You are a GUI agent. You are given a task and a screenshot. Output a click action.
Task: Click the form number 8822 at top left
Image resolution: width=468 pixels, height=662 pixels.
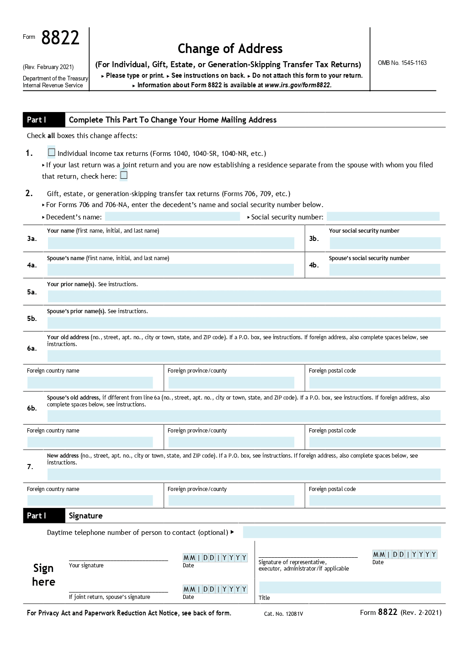[x=60, y=38]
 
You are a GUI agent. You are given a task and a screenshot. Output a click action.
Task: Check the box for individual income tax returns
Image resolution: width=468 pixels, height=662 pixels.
[x=52, y=152]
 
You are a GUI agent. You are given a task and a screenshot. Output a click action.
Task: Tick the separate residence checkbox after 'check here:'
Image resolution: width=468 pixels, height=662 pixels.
[x=124, y=176]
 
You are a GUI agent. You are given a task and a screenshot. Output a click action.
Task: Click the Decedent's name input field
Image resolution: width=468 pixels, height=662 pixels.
[x=172, y=217]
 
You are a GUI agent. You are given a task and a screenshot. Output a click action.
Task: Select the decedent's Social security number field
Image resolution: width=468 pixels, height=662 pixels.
[x=383, y=217]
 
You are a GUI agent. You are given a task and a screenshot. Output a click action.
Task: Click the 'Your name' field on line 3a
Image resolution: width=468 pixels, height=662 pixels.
[x=171, y=243]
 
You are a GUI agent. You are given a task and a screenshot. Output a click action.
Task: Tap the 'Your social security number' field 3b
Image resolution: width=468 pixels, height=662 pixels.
[x=384, y=243]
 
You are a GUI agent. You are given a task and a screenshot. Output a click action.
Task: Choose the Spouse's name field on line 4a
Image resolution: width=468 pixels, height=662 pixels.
[x=170, y=270]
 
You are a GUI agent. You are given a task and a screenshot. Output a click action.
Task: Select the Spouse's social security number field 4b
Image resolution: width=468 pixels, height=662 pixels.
[x=384, y=270]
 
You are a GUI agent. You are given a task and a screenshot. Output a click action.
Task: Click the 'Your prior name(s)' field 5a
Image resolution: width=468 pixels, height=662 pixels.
[x=244, y=296]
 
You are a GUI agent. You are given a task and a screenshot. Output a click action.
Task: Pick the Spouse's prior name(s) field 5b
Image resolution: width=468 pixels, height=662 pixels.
[x=244, y=323]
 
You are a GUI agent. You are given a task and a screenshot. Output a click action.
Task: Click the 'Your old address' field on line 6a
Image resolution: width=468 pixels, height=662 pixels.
[x=244, y=356]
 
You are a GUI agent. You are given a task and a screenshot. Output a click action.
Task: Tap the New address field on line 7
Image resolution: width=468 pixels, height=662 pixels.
[x=244, y=474]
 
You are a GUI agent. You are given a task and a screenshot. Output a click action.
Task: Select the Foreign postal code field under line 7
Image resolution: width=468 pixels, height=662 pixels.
[x=375, y=500]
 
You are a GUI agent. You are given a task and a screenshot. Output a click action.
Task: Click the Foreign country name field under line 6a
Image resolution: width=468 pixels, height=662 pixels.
[x=90, y=382]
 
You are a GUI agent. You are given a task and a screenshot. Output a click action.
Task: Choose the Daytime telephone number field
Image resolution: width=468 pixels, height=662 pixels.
[x=342, y=532]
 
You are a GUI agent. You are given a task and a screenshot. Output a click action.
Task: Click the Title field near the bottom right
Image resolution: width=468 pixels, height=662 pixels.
[x=350, y=587]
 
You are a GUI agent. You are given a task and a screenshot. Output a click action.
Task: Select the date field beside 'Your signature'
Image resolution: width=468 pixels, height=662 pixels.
[x=215, y=558]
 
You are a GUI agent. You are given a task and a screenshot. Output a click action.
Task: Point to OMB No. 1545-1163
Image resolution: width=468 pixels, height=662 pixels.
[x=402, y=63]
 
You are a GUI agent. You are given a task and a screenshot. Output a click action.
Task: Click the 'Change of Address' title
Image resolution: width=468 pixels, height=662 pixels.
[x=230, y=49]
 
